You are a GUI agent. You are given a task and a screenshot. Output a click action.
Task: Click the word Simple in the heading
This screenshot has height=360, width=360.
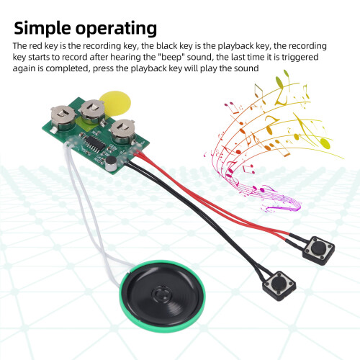pos(42,28)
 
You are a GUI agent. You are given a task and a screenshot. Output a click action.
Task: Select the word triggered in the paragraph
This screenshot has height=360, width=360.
pos(300,58)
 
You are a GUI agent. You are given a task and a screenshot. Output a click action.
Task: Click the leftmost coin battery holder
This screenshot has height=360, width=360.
pos(63,117)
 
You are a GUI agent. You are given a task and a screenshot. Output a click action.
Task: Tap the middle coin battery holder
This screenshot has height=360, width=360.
pos(92,112)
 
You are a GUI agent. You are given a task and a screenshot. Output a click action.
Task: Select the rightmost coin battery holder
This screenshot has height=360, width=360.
pos(122,132)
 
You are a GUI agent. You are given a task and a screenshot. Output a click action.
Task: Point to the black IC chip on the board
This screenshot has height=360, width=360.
pos(95,143)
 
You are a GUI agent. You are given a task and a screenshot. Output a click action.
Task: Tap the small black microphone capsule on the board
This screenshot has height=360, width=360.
pos(111,163)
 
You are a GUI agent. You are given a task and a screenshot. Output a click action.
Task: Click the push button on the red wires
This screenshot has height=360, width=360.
pos(319,251)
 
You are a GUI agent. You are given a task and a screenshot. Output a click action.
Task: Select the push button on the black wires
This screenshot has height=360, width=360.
pos(279,286)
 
